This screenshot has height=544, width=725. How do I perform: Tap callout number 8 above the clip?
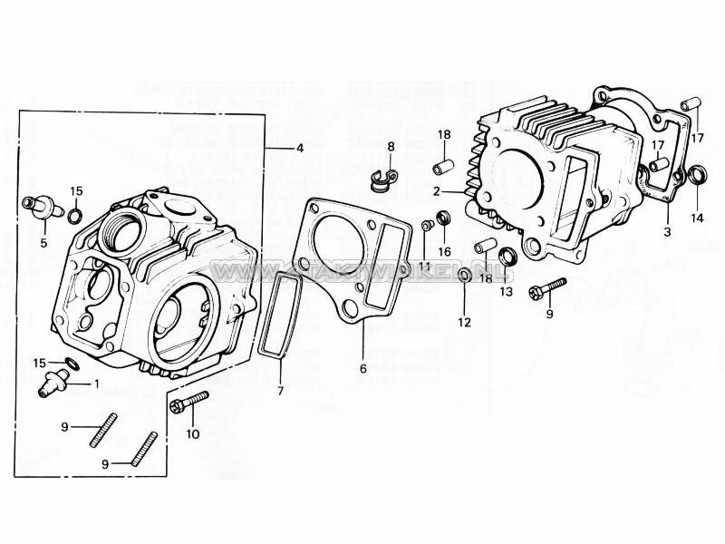(x=391, y=146)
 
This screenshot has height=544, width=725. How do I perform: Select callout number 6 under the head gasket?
(x=362, y=369)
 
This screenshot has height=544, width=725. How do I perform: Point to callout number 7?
(x=279, y=391)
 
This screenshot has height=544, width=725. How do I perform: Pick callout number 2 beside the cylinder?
(x=436, y=191)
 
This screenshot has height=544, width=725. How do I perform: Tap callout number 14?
(x=696, y=218)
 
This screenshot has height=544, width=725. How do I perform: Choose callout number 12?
(x=463, y=322)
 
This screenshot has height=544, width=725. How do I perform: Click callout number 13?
(x=506, y=291)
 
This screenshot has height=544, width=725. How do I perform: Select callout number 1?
(x=94, y=384)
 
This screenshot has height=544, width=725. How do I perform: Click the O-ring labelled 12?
(x=464, y=274)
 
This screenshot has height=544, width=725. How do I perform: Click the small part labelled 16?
(x=444, y=218)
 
